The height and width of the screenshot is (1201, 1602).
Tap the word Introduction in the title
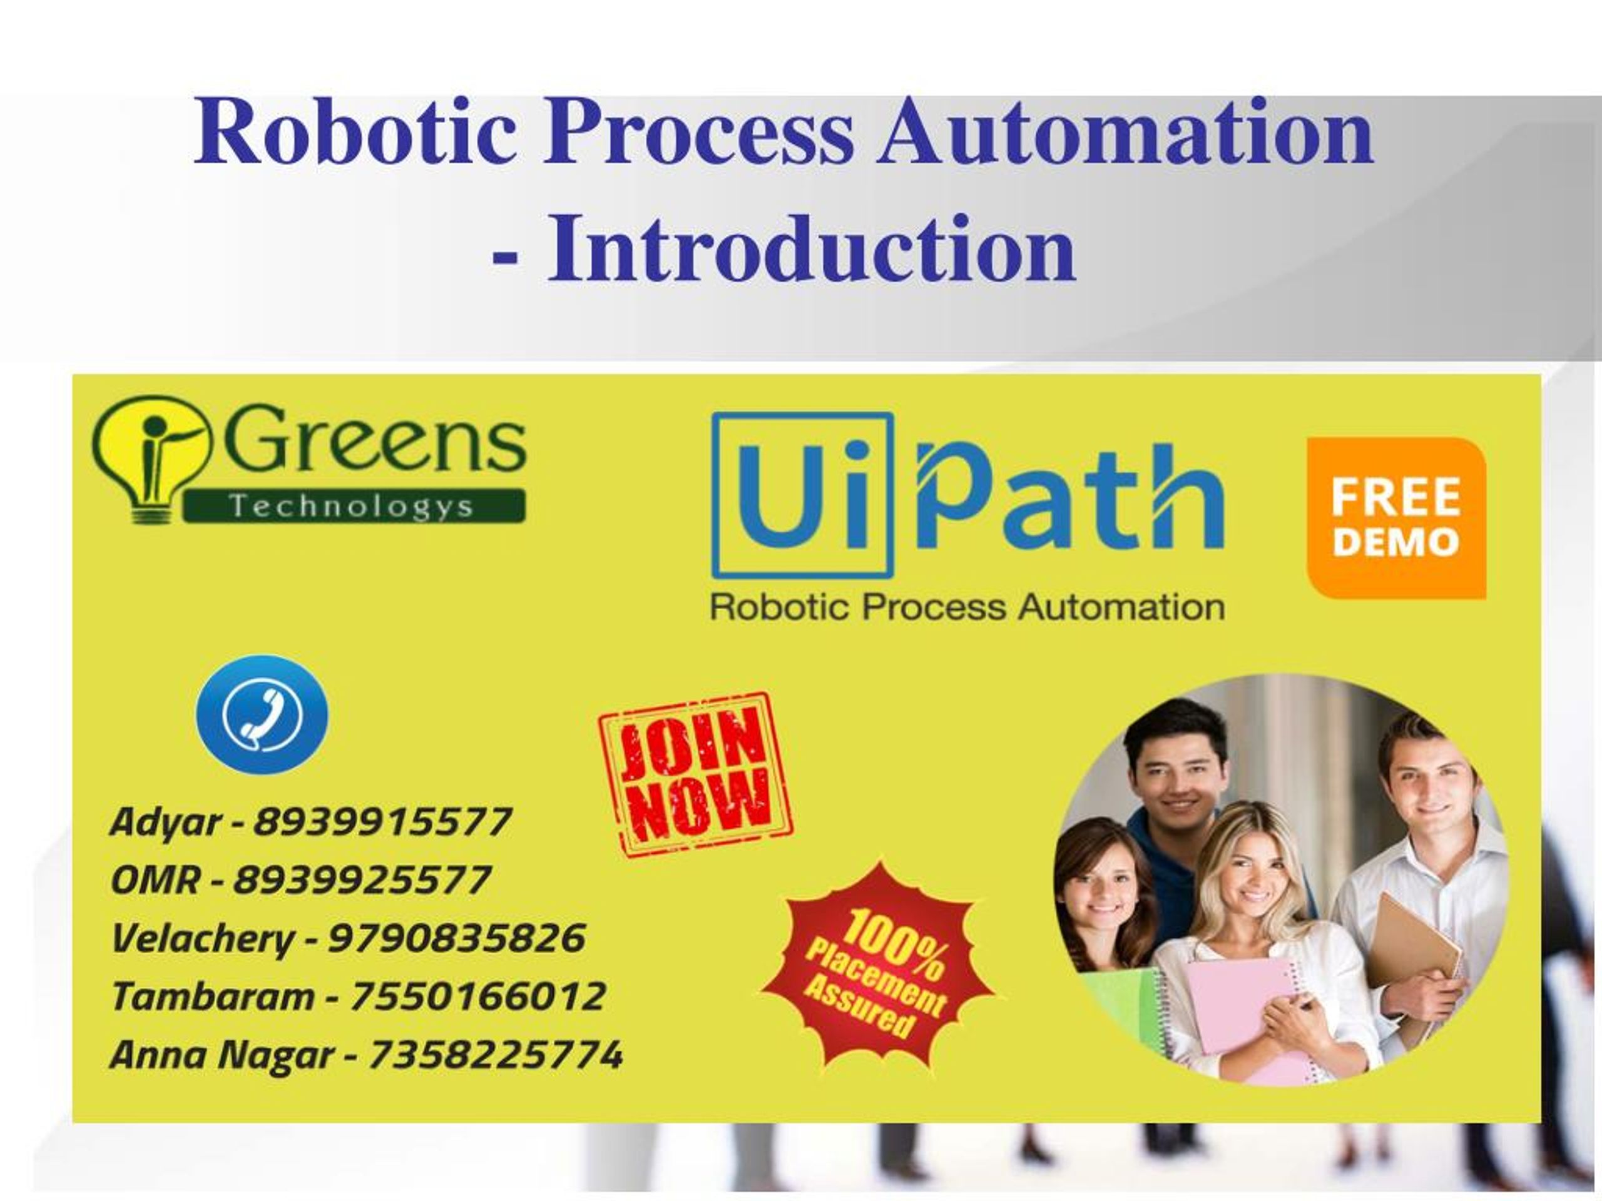[x=811, y=248]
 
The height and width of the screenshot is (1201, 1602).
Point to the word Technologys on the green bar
[x=352, y=506]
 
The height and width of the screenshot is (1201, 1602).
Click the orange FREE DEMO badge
[x=1395, y=519]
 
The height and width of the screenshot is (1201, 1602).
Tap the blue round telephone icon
[x=262, y=714]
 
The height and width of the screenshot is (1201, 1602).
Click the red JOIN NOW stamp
[x=696, y=774]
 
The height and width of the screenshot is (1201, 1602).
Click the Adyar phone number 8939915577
[x=382, y=823]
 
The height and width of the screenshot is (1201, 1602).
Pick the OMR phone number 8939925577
[x=362, y=880]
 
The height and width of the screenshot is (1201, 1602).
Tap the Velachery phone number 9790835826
[x=457, y=938]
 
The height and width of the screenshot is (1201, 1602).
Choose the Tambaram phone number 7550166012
[x=478, y=996]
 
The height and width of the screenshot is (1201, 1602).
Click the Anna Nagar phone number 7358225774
[x=496, y=1054]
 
